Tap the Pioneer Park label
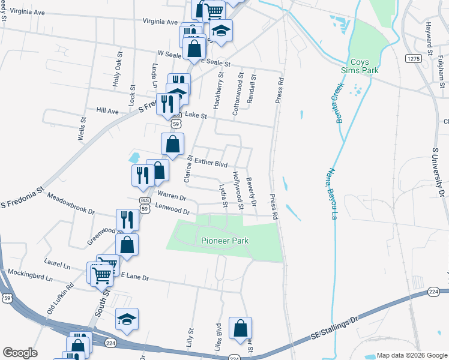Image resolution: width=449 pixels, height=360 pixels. (224, 241)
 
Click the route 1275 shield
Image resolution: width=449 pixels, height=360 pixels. (412, 58)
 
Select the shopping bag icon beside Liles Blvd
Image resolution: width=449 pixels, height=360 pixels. (240, 328)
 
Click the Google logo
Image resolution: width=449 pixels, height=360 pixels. (20, 353)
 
